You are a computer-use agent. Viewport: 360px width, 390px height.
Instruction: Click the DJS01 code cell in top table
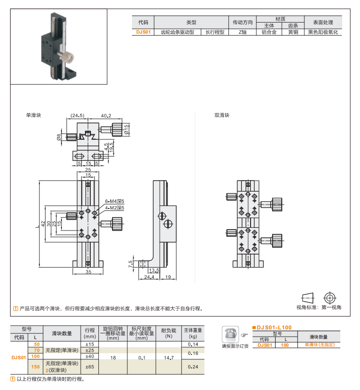click(143, 33)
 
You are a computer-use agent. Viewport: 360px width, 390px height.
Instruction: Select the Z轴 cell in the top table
click(243, 33)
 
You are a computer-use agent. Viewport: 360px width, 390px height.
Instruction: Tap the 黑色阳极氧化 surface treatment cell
click(323, 33)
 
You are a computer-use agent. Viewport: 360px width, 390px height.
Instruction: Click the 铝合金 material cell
click(269, 33)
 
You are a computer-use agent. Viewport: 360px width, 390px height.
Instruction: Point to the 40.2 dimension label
click(106, 116)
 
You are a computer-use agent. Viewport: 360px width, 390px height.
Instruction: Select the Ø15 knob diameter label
click(127, 129)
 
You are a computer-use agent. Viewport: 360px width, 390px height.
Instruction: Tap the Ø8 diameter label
click(59, 137)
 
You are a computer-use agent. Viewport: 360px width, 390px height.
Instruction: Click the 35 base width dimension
click(88, 272)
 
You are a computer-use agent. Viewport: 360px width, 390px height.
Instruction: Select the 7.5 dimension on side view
click(131, 265)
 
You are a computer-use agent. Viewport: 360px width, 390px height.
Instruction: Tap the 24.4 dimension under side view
click(148, 277)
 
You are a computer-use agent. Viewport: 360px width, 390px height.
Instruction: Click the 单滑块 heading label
click(34, 116)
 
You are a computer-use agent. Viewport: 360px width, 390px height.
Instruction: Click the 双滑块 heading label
click(222, 116)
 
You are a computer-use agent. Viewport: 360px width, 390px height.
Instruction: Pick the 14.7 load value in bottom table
click(168, 358)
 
